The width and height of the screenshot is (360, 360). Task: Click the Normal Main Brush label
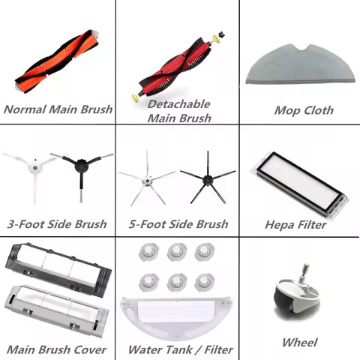(58, 109)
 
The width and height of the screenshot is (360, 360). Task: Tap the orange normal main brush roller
(57, 61)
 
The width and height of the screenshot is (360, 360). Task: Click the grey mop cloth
(300, 64)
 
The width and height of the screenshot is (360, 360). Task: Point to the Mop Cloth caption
(304, 110)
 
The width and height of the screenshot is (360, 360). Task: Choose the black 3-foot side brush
(81, 170)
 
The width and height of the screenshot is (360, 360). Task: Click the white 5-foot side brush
(147, 179)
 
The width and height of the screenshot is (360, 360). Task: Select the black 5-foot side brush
(207, 178)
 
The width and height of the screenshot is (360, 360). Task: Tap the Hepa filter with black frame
(300, 185)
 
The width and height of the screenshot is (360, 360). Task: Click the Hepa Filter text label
(295, 224)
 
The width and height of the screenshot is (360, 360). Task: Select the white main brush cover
(56, 310)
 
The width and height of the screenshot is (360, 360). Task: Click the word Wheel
(299, 342)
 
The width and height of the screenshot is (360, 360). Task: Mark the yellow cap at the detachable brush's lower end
(136, 98)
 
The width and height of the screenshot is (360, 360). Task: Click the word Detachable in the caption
(178, 104)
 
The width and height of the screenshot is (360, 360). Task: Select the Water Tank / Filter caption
(181, 349)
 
